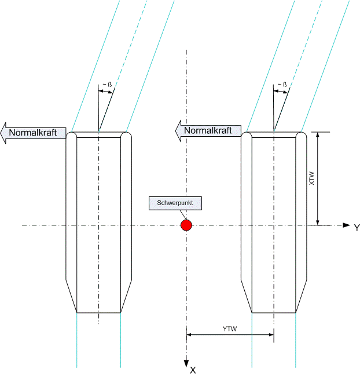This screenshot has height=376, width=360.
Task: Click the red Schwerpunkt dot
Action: pyautogui.click(x=186, y=225)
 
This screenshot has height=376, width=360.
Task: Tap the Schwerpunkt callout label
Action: pyautogui.click(x=176, y=203)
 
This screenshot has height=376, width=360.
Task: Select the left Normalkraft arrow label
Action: pyautogui.click(x=36, y=132)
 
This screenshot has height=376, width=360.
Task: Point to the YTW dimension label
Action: pyautogui.click(x=230, y=329)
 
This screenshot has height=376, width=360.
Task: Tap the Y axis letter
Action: pyautogui.click(x=357, y=228)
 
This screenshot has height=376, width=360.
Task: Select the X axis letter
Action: pyautogui.click(x=193, y=370)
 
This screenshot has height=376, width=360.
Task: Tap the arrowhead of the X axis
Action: pyautogui.click(x=186, y=363)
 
